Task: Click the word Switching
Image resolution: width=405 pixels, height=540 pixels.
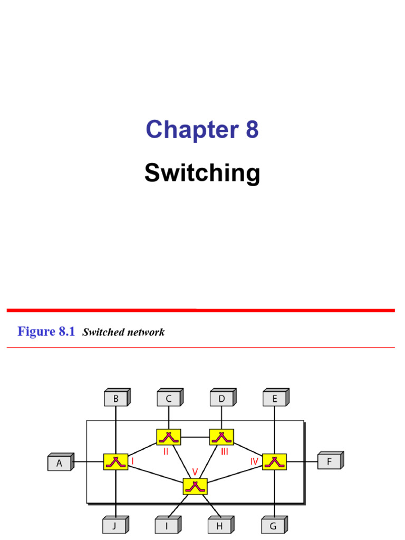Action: [202, 173]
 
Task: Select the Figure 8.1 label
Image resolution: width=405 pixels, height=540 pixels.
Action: [46, 332]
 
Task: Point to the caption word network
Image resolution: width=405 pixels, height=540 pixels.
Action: [144, 332]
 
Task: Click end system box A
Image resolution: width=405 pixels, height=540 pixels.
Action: [60, 462]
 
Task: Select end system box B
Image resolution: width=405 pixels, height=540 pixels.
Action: [116, 399]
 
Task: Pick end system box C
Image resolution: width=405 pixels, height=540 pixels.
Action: [169, 399]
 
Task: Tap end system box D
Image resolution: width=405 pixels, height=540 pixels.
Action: [221, 399]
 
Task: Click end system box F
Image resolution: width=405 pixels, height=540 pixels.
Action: [330, 462]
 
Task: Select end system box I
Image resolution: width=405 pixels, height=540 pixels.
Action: [167, 526]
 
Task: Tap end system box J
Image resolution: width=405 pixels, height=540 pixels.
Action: [115, 526]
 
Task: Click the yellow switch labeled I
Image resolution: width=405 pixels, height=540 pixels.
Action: [115, 462]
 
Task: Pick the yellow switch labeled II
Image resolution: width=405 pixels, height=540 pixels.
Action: [169, 437]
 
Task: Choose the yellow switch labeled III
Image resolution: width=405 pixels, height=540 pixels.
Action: [221, 437]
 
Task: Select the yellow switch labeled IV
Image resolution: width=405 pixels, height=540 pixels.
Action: [274, 462]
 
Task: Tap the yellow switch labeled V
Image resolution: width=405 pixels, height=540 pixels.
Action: [195, 486]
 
